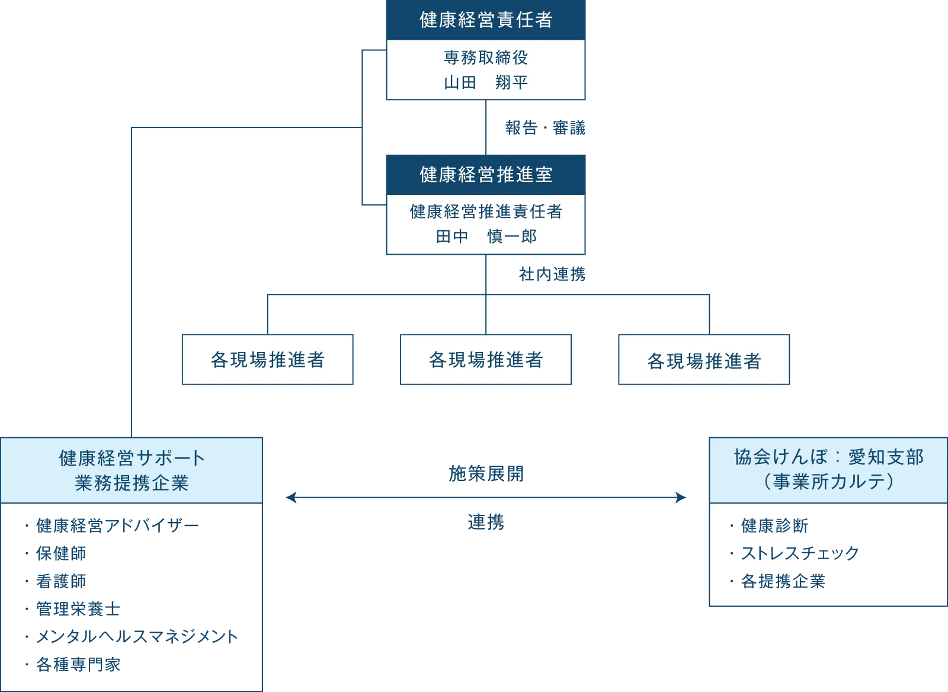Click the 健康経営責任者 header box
coord(486,20)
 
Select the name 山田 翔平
coord(486,82)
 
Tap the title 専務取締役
coord(486,57)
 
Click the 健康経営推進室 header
coord(486,174)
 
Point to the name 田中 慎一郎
coord(486,236)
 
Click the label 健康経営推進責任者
coord(486,212)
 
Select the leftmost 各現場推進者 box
coord(268,360)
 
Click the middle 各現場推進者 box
coord(486,360)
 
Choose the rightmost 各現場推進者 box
coord(704,360)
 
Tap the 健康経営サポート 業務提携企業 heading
coord(132,470)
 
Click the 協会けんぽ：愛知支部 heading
coord(828,457)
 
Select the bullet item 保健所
coord(62,555)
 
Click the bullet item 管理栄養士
coord(79,608)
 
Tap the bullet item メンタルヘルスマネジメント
coord(138,636)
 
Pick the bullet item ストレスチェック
coord(800,554)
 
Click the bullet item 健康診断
coord(774,526)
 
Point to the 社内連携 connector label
coord(552,274)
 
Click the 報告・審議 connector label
coord(545,127)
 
